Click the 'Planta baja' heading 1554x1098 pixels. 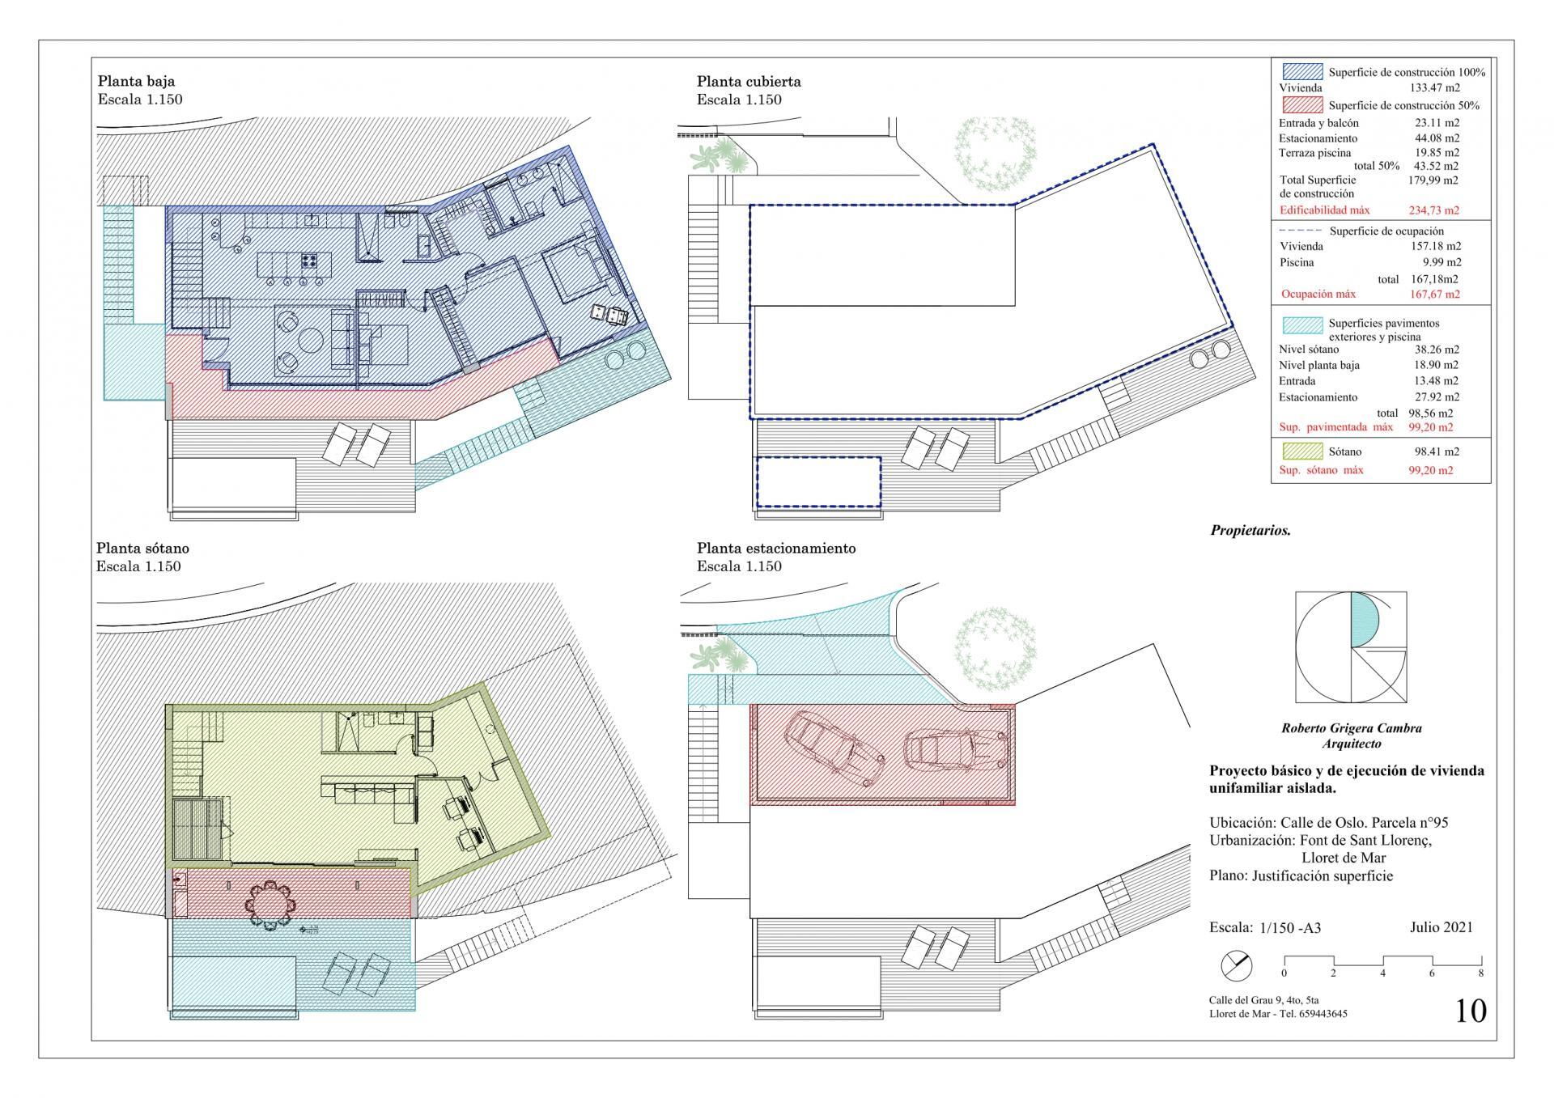coord(136,81)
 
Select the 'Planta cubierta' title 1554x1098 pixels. coord(749,81)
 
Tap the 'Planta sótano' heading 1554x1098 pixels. coord(142,548)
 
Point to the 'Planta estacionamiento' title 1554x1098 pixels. coord(776,548)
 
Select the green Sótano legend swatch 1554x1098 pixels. coord(1302,451)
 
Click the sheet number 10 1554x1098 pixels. coord(1471,1011)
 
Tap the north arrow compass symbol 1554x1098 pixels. coord(1236,965)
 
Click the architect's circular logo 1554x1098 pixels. coord(1350,647)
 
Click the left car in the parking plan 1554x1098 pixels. coord(834,748)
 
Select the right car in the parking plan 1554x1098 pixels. coord(955,749)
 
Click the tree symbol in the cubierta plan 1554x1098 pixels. coord(995,149)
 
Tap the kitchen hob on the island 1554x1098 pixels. coord(309,261)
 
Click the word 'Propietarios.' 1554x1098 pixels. coord(1250,531)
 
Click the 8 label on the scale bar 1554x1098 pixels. coord(1480,973)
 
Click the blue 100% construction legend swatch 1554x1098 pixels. coord(1302,72)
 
